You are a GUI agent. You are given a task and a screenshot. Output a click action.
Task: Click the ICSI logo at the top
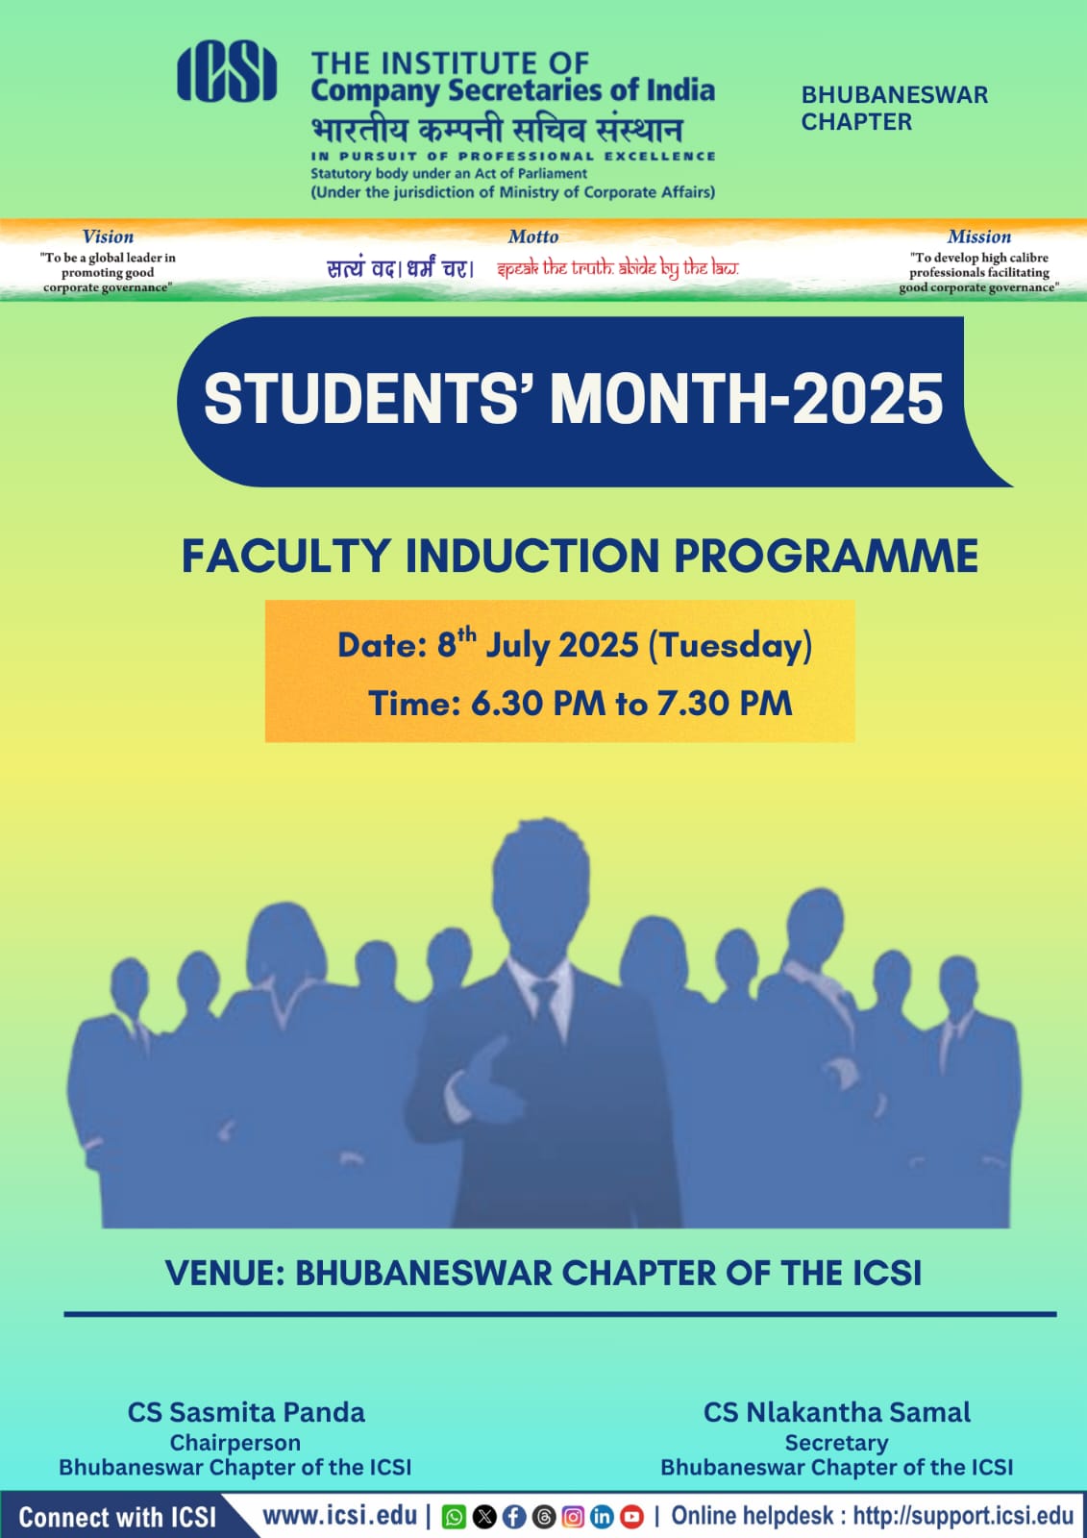[x=227, y=71]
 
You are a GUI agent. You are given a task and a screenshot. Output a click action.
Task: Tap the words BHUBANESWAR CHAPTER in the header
[x=894, y=108]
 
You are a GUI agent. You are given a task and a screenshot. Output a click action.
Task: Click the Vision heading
[x=108, y=236]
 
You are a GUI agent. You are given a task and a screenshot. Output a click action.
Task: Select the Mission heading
[x=979, y=236]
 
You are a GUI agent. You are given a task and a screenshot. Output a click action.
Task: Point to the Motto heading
[x=532, y=236]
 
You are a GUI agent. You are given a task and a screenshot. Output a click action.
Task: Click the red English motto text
[x=618, y=268]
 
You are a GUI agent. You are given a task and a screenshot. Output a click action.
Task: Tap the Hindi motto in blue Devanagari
[x=401, y=268]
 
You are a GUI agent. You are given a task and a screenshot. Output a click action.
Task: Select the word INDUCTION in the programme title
[x=532, y=557]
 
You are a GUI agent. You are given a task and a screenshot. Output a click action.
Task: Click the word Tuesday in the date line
[x=730, y=646]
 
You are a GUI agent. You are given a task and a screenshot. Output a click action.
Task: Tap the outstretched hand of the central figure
[x=474, y=1077]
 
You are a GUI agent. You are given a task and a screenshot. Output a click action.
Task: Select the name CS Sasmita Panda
[x=246, y=1413]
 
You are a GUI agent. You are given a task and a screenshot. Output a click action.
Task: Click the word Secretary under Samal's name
[x=836, y=1443]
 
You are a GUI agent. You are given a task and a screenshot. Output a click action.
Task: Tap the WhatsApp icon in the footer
[x=454, y=1517]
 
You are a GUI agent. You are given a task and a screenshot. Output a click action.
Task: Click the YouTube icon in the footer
[x=632, y=1517]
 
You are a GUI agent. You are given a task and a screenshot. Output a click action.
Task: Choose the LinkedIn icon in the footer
[x=603, y=1517]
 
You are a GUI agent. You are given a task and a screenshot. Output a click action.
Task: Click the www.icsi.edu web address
[x=340, y=1516]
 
